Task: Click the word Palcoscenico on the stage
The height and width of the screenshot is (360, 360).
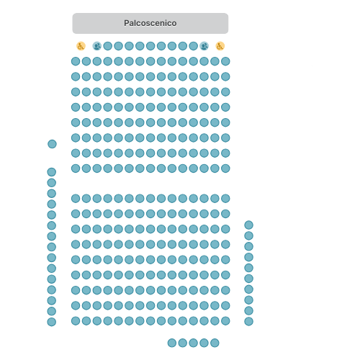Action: (x=150, y=23)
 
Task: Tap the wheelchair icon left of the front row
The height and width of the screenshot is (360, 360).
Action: (x=81, y=46)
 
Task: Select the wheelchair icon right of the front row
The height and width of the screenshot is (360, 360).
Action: (x=220, y=46)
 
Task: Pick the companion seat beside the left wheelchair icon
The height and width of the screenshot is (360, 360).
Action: (x=97, y=46)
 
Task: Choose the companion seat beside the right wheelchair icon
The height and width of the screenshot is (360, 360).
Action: (x=204, y=46)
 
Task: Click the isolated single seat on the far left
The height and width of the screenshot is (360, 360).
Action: (x=52, y=144)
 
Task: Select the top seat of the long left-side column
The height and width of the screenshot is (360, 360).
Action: (x=52, y=172)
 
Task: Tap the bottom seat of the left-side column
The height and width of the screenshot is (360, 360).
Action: (x=52, y=322)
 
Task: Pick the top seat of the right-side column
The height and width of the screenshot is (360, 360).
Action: (x=248, y=225)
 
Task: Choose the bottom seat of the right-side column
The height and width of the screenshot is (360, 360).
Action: (x=248, y=321)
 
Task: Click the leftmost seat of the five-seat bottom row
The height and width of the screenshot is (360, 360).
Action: (x=172, y=343)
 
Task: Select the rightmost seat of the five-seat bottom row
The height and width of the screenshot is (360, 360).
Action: (x=215, y=343)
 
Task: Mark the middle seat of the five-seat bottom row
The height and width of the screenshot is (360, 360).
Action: (x=193, y=343)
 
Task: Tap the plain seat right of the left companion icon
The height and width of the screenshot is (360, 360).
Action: (x=108, y=46)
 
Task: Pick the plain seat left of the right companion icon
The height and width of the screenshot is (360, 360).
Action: (x=193, y=46)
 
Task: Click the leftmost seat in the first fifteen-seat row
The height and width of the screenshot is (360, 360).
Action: (x=76, y=61)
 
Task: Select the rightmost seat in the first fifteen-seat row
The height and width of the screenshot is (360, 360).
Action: (x=225, y=61)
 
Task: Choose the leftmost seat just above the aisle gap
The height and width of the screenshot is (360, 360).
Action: (x=76, y=168)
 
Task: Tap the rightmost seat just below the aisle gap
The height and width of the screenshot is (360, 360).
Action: (x=225, y=199)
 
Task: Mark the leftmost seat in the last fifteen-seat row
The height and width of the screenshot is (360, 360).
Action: (x=76, y=321)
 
